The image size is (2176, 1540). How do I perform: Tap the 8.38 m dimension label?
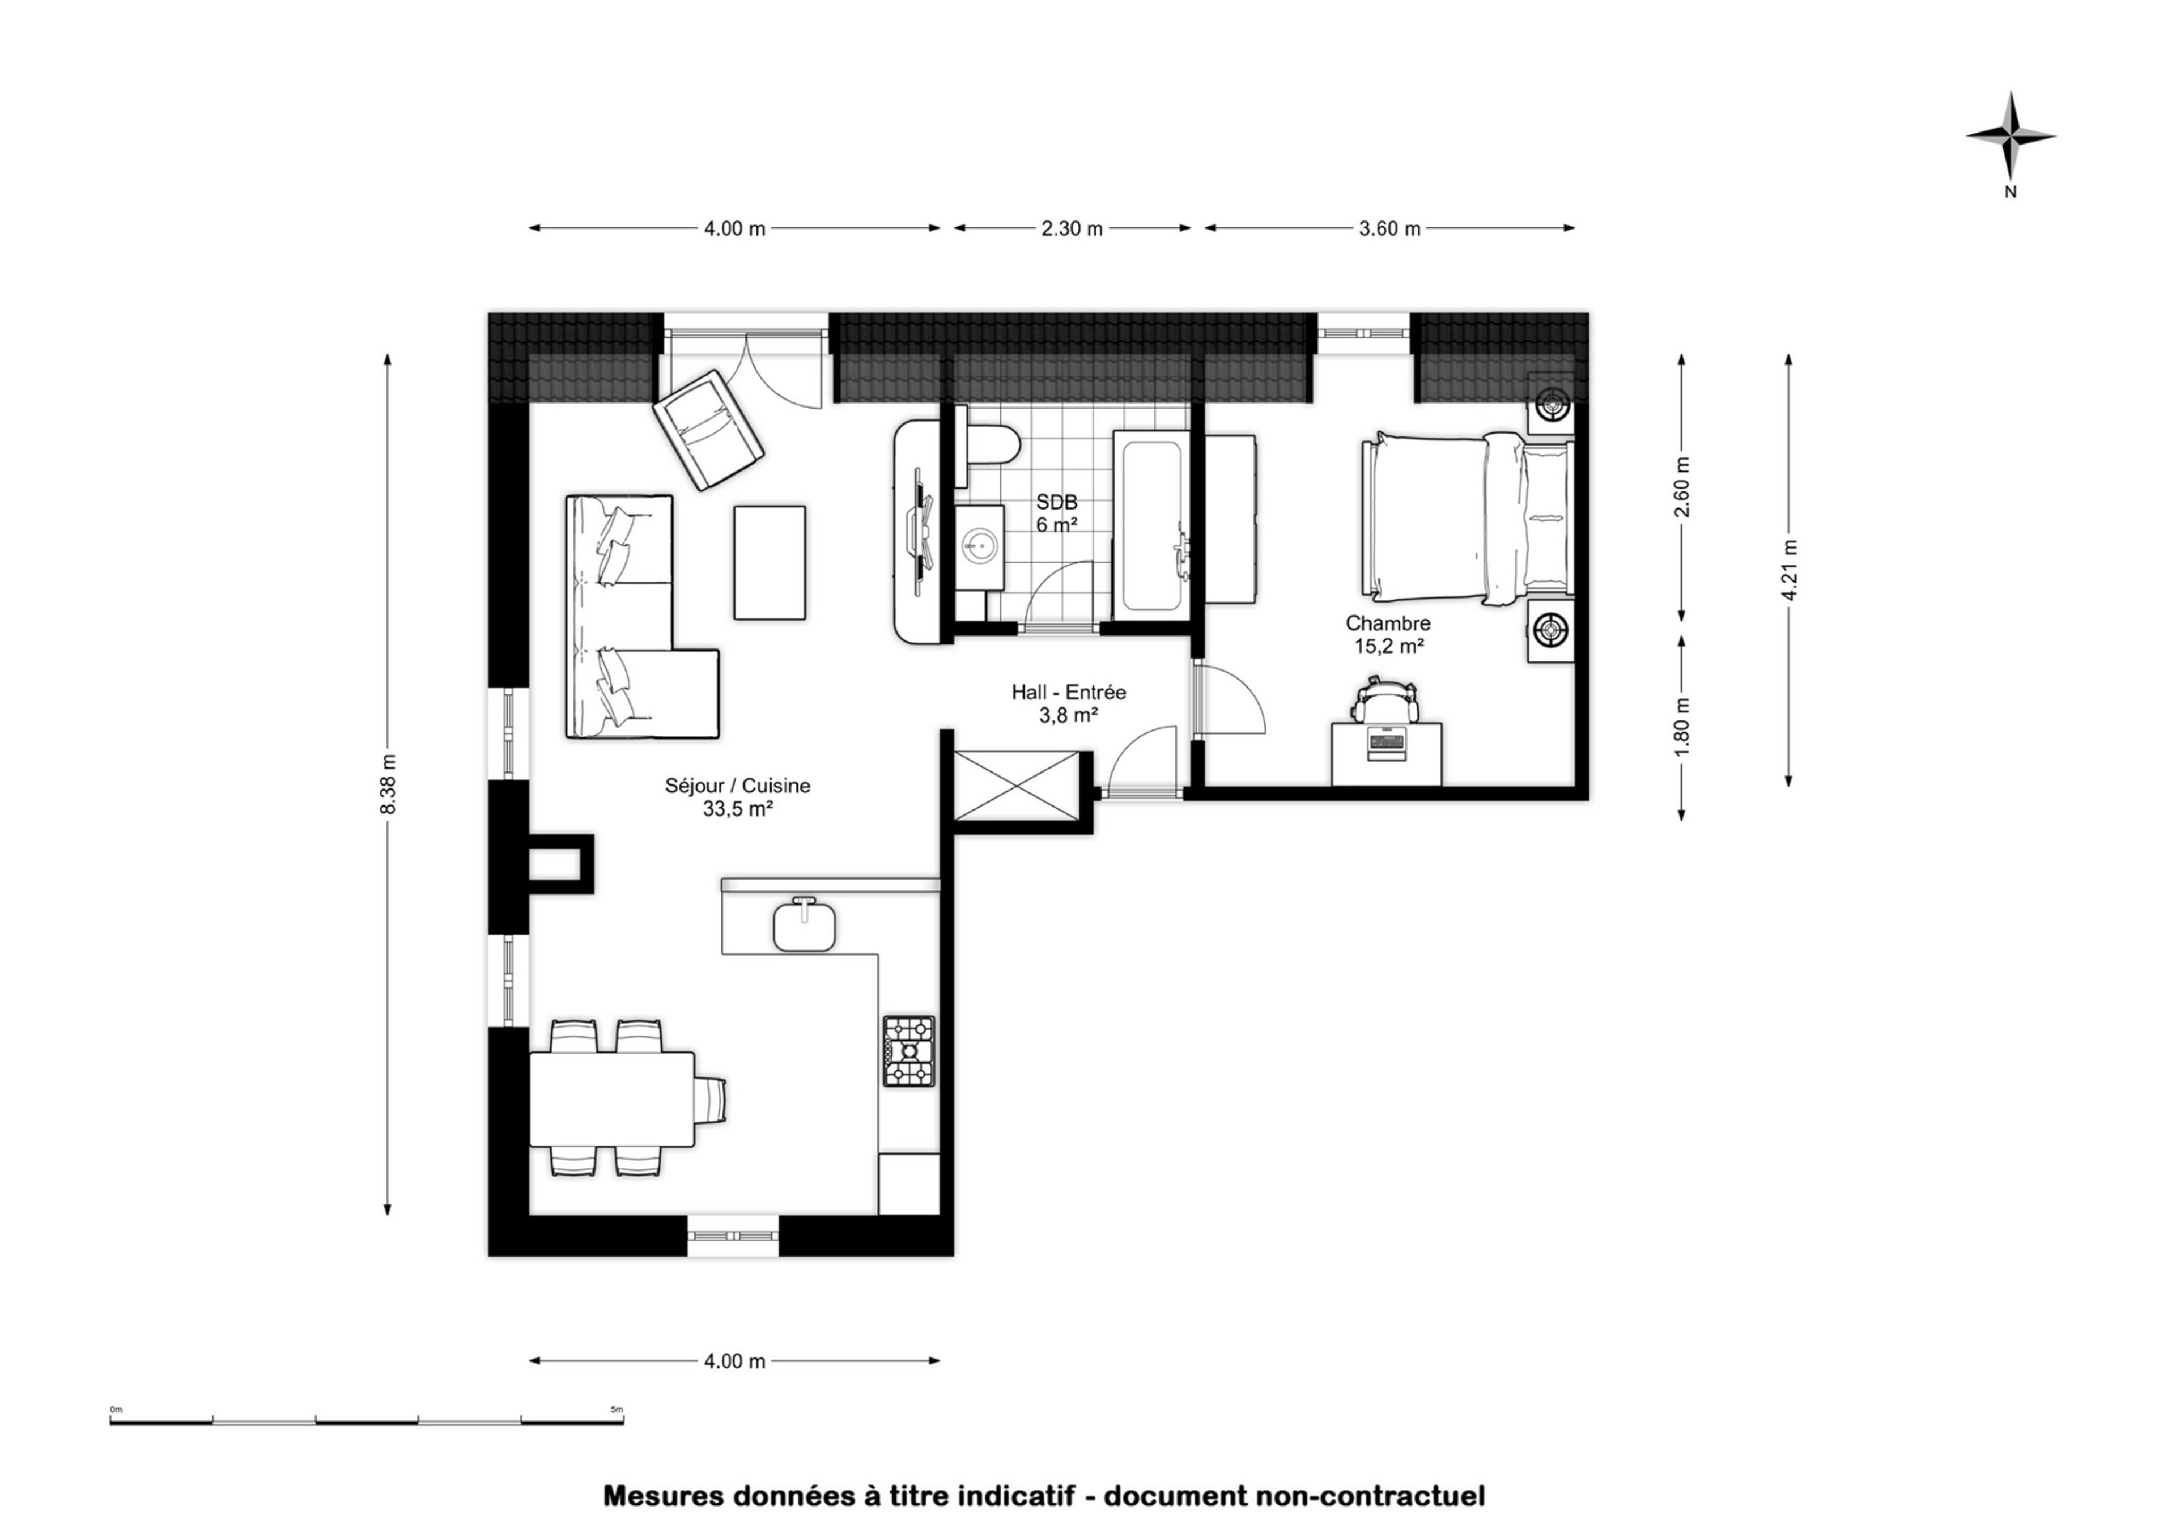point(388,783)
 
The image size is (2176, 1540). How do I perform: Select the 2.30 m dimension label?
point(1072,228)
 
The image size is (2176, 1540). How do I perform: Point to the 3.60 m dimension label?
point(1390,228)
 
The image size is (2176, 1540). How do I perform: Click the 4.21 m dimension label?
point(1789,570)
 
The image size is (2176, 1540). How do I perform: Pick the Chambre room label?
point(1388,623)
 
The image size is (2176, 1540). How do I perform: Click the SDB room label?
point(1056,502)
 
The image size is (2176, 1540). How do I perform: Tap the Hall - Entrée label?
point(1069,692)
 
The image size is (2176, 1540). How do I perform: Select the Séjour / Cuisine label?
point(738,785)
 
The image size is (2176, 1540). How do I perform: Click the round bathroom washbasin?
point(979,544)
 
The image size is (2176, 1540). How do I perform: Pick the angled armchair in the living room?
point(707,431)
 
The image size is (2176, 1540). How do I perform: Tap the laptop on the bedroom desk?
point(1386,743)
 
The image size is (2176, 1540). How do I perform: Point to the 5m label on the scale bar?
point(617,1409)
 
